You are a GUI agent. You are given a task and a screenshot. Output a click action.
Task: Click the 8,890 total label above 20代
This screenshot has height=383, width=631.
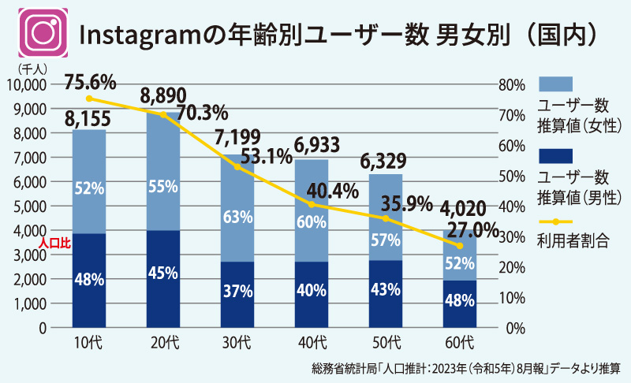click(163, 97)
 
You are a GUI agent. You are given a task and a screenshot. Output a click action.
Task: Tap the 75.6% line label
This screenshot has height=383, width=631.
click(91, 81)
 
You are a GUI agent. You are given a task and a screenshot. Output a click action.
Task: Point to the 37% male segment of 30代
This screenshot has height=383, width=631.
click(237, 291)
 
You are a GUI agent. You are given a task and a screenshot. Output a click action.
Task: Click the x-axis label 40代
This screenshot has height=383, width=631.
click(312, 342)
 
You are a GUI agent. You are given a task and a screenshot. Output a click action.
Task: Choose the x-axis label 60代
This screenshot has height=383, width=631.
click(460, 342)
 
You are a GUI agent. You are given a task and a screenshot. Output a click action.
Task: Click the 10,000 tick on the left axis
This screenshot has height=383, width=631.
click(28, 84)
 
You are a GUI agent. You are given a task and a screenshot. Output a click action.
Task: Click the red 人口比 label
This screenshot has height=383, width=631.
click(55, 245)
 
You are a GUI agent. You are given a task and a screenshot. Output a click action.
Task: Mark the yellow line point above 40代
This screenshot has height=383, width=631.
click(312, 205)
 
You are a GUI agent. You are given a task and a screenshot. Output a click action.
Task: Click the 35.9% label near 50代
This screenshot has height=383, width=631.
click(407, 203)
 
